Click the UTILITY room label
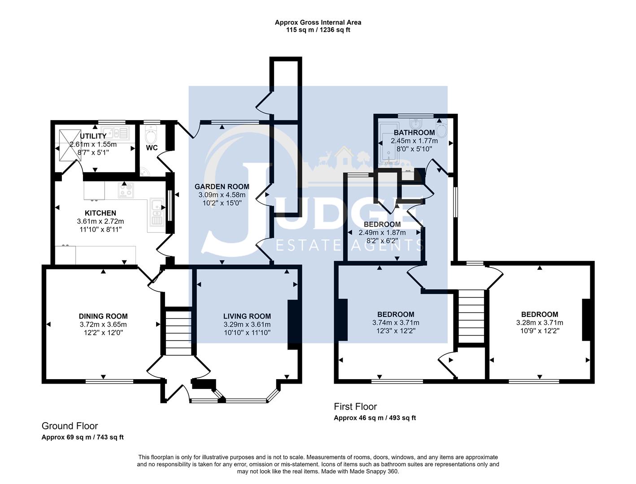click(93, 136)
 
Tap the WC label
click(152, 148)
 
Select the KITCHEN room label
click(100, 213)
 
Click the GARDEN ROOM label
click(222, 186)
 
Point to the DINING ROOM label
click(103, 316)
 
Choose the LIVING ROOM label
click(247, 316)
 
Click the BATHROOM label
click(414, 133)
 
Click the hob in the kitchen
click(126, 190)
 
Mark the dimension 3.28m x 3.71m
click(540, 323)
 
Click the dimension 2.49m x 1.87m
click(382, 233)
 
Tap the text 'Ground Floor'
click(70, 426)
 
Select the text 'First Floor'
click(355, 406)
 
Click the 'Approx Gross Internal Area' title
click(318, 22)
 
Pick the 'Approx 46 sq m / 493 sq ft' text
click(375, 418)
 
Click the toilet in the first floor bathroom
click(442, 130)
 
